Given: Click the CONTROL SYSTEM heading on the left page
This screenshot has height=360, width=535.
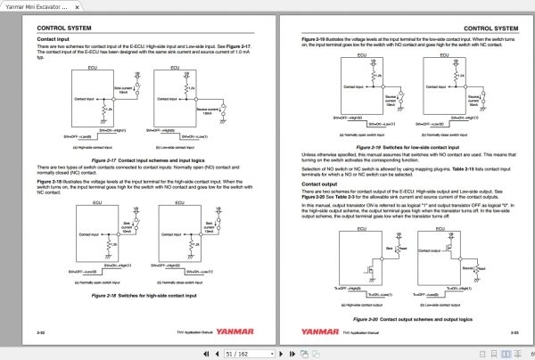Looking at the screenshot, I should coord(63,29).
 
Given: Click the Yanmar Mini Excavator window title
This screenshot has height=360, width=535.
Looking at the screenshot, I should coord(40,5).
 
